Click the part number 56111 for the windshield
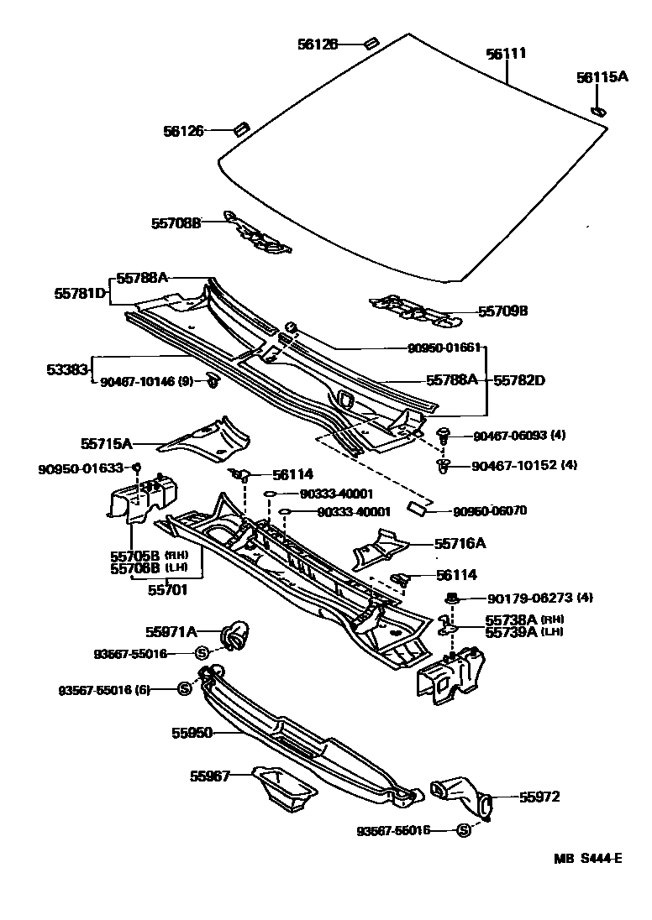[506, 54]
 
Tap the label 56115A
[602, 77]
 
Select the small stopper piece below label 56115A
[599, 109]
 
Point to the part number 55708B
[176, 223]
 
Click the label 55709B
[502, 311]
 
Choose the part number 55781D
[81, 293]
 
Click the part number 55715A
[107, 442]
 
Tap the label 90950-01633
[81, 468]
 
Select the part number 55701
[167, 589]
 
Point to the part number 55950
[192, 732]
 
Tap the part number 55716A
[460, 543]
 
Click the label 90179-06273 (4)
[540, 599]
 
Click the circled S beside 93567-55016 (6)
[186, 689]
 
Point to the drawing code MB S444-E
[588, 858]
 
